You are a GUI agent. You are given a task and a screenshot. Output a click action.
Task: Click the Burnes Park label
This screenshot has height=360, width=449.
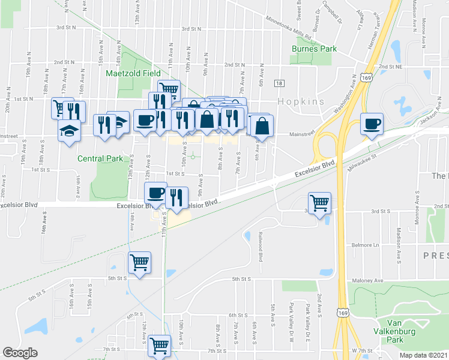pos(314,49)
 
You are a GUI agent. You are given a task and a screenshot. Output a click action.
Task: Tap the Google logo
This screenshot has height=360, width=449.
pos(20,353)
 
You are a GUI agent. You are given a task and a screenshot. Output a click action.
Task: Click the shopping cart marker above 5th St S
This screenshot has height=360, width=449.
pos(140,262)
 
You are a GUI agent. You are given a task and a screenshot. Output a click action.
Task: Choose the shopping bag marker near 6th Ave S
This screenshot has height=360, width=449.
pos(262,125)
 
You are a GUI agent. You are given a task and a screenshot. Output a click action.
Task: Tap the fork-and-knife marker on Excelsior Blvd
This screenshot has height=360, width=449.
pos(177,197)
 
